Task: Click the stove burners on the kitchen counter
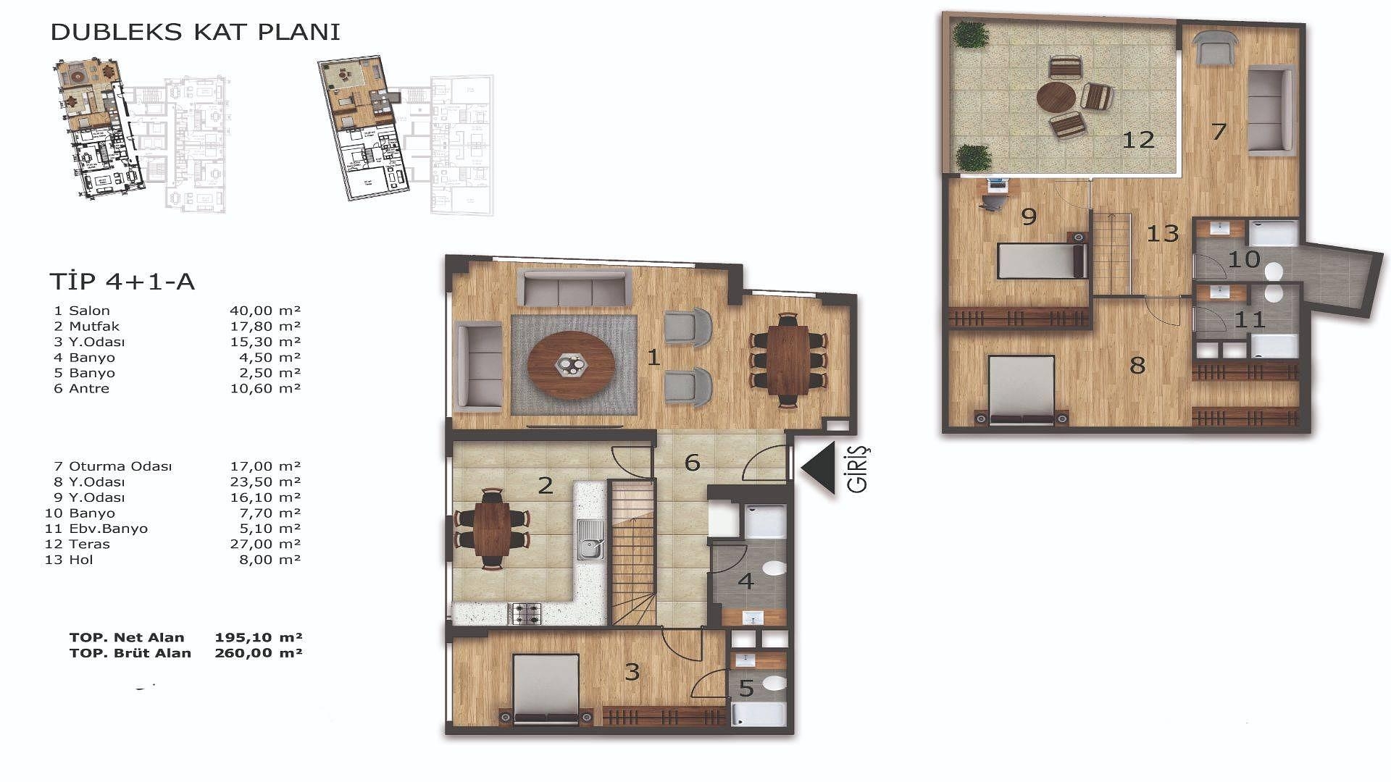[527, 613]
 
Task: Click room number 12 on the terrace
[1138, 139]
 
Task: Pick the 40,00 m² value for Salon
[264, 311]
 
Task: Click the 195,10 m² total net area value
[259, 637]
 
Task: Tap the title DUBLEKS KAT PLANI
[195, 32]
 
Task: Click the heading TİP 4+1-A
[122, 281]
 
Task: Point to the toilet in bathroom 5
[772, 683]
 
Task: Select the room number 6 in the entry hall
[692, 462]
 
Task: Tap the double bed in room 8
[1022, 390]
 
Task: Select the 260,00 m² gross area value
[259, 652]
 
